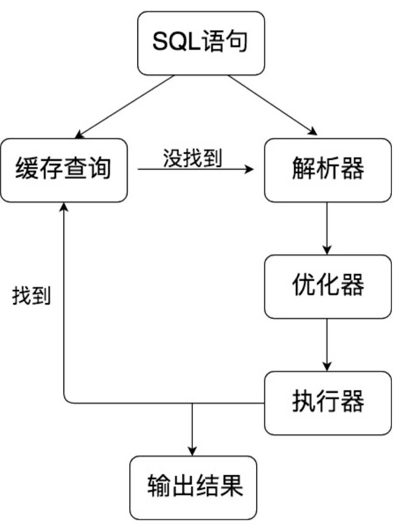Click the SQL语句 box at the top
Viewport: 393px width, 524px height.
coord(201,43)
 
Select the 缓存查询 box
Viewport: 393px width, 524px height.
coord(64,170)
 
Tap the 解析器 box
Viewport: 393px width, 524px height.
coord(327,170)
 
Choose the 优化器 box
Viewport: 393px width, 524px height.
coord(327,286)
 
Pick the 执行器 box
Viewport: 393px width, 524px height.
coord(327,403)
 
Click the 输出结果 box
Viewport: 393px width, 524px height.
coord(193,488)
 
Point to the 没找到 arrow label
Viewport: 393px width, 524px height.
coord(192,158)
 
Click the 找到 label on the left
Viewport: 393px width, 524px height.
coord(32,295)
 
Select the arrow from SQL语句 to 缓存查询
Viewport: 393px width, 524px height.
coord(125,106)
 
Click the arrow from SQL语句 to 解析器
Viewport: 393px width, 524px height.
coord(272,105)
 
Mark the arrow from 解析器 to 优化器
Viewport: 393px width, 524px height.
coord(327,228)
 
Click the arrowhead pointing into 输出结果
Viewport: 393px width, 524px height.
coord(192,451)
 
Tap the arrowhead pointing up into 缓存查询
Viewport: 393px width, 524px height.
coord(63,207)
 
